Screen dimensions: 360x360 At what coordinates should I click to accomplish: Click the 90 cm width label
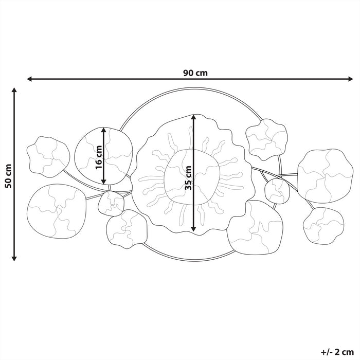click(x=195, y=73)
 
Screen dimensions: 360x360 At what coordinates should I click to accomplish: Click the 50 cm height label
click(x=7, y=176)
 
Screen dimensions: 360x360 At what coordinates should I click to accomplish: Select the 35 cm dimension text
click(x=188, y=177)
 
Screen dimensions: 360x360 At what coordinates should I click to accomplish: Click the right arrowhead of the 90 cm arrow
click(x=351, y=79)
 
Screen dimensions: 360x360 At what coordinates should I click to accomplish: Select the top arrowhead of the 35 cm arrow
click(x=193, y=117)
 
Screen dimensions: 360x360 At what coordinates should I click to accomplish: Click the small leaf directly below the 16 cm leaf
click(x=110, y=202)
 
